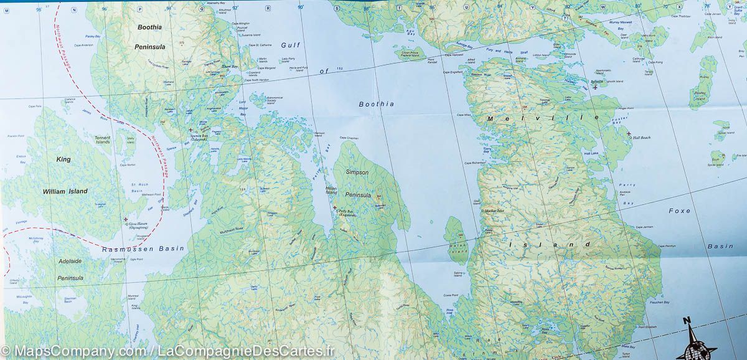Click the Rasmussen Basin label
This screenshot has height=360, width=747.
point(143,249)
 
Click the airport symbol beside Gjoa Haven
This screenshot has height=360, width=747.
point(126,220)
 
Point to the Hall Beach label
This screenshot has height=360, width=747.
point(641,138)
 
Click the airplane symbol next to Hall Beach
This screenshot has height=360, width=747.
point(629,133)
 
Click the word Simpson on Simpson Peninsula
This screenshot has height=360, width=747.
point(357,172)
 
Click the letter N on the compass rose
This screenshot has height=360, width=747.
point(687,321)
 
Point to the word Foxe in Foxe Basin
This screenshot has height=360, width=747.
point(679,211)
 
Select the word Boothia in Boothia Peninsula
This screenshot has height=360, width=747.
point(149,27)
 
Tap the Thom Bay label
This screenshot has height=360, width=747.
point(230,66)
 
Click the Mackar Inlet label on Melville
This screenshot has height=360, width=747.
point(497,211)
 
